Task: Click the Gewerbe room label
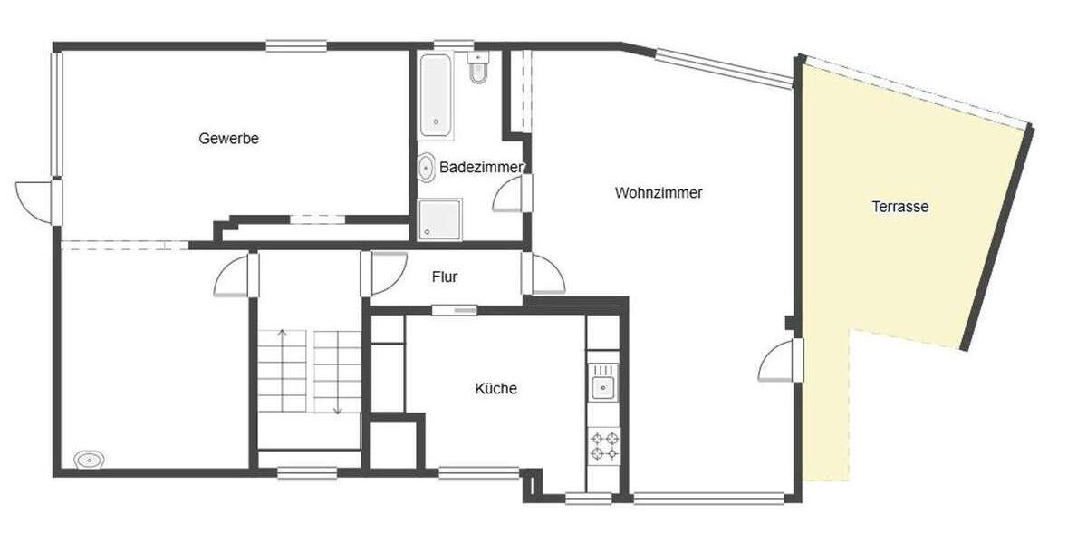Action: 229,139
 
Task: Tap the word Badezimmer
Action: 481,168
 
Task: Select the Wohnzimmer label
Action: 659,193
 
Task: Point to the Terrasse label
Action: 900,207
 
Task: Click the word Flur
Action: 445,277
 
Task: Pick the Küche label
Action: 496,389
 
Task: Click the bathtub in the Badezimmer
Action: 436,96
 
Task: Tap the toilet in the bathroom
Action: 478,71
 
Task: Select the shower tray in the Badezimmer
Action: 439,220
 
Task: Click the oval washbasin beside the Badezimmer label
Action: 425,168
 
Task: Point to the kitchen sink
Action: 602,388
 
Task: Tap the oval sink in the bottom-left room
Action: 88,460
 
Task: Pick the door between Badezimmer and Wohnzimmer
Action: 511,193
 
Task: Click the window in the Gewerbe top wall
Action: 296,45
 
